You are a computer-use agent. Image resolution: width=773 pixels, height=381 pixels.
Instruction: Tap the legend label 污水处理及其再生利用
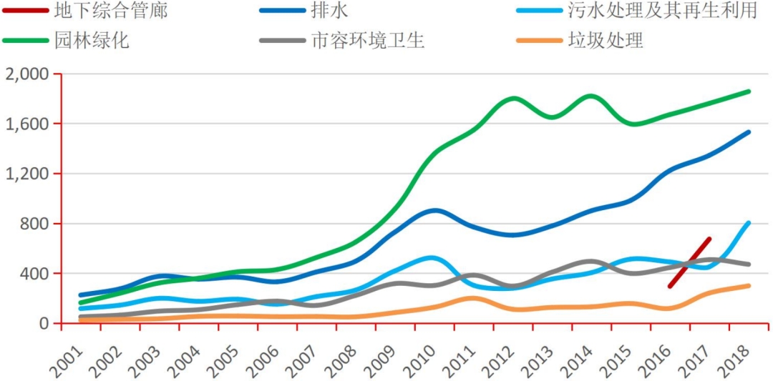coord(662,11)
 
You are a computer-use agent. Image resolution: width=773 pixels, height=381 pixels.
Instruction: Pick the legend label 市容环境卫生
coord(368,40)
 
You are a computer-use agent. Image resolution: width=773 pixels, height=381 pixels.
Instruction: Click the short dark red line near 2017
coord(689,262)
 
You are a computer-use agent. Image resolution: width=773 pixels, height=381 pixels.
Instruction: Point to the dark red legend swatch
coord(25,11)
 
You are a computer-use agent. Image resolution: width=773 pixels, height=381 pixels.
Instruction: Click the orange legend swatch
coord(538,40)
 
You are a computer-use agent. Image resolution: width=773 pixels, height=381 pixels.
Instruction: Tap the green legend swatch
coord(25,40)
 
